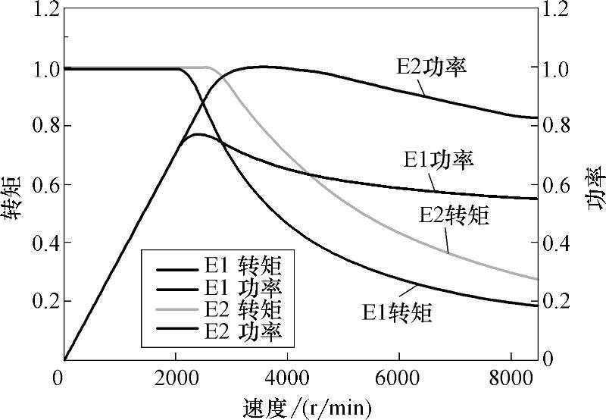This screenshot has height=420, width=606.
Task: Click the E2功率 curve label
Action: (x=430, y=66)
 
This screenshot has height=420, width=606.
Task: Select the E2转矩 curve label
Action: (x=454, y=215)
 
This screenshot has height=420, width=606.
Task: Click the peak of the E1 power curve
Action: (x=195, y=134)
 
